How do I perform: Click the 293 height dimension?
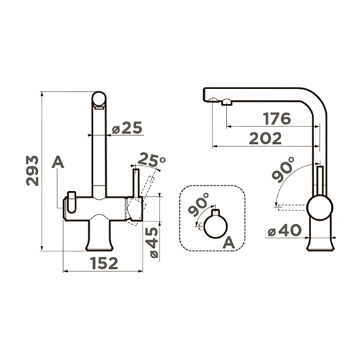point(33,170)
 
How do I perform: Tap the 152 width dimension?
point(104,263)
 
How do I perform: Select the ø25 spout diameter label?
point(127,128)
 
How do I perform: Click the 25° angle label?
point(151,160)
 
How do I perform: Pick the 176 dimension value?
point(277,118)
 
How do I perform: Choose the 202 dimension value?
point(265,138)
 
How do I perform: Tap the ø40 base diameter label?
point(284,230)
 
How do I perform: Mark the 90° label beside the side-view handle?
point(283,169)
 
